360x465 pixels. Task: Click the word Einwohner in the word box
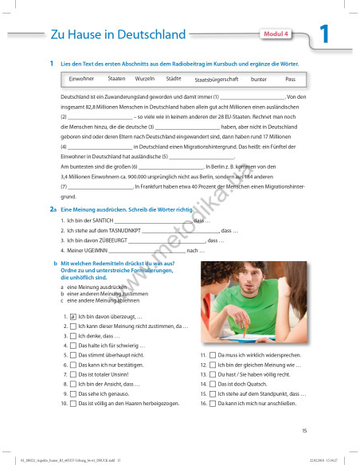point(82,80)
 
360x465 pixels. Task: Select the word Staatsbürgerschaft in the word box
point(217,80)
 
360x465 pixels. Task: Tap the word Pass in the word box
point(290,80)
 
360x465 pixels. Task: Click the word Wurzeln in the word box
point(145,80)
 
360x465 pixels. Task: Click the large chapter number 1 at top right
point(324,35)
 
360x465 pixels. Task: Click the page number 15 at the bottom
point(303,431)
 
